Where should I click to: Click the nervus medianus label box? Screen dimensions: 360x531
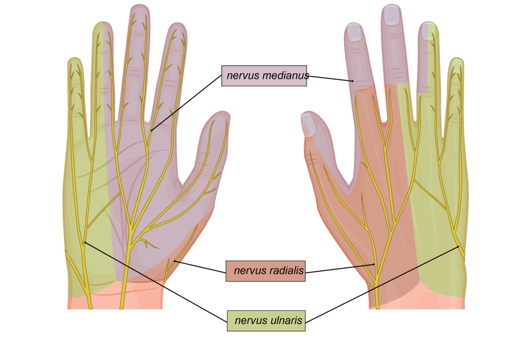[264, 76]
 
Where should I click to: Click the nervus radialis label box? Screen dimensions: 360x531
[265, 271]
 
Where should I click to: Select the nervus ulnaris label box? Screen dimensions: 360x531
[266, 321]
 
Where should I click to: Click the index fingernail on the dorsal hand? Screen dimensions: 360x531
[354, 32]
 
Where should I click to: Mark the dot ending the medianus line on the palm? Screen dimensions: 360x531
[151, 130]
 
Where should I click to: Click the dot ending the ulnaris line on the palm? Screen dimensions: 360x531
[85, 242]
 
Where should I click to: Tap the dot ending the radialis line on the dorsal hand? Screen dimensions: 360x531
[374, 264]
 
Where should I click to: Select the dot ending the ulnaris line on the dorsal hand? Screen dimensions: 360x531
[458, 246]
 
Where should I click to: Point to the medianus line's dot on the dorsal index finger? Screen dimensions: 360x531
[353, 81]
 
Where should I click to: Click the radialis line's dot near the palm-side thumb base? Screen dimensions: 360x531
[174, 261]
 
